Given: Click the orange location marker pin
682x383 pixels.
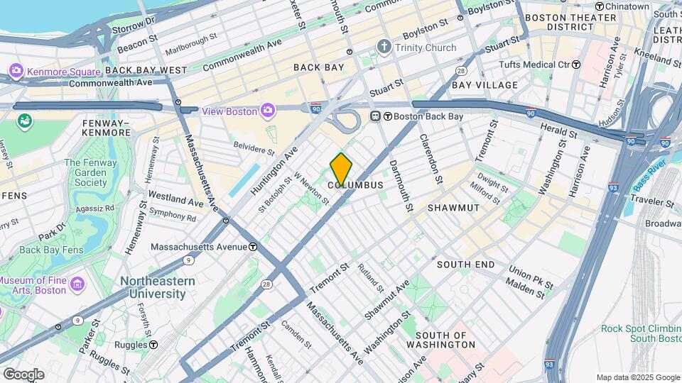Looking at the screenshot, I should point(341,169).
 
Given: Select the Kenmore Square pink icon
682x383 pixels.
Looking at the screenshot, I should point(16,71).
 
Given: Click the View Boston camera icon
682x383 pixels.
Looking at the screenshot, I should point(267,110).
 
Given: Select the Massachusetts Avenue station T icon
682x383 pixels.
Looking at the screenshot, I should point(253,247).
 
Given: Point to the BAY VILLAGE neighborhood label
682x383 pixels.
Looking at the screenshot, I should point(485,85).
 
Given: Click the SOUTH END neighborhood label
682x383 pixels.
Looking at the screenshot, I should point(465,264).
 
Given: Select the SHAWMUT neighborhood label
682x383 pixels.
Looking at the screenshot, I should point(453,207).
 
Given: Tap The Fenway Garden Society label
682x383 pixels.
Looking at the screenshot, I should point(90,172).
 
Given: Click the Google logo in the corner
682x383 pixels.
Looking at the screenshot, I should point(23,374).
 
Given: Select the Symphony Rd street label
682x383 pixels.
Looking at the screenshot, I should point(173,213).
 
